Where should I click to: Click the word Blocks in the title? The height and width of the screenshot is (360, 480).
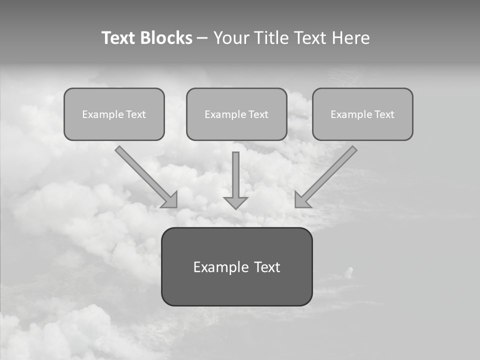click(x=166, y=38)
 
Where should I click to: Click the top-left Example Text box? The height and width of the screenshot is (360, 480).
click(x=114, y=114)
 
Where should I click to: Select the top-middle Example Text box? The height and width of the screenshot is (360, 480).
click(x=236, y=114)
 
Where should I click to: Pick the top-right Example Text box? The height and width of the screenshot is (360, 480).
click(x=362, y=114)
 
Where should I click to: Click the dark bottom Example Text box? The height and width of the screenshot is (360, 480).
click(x=236, y=266)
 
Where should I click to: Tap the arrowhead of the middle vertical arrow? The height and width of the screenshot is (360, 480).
click(x=235, y=202)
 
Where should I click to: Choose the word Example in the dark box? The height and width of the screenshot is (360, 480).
click(x=220, y=267)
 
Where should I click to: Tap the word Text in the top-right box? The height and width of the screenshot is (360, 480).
click(x=384, y=114)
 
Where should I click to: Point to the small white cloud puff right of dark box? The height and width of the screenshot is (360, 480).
click(x=350, y=271)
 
